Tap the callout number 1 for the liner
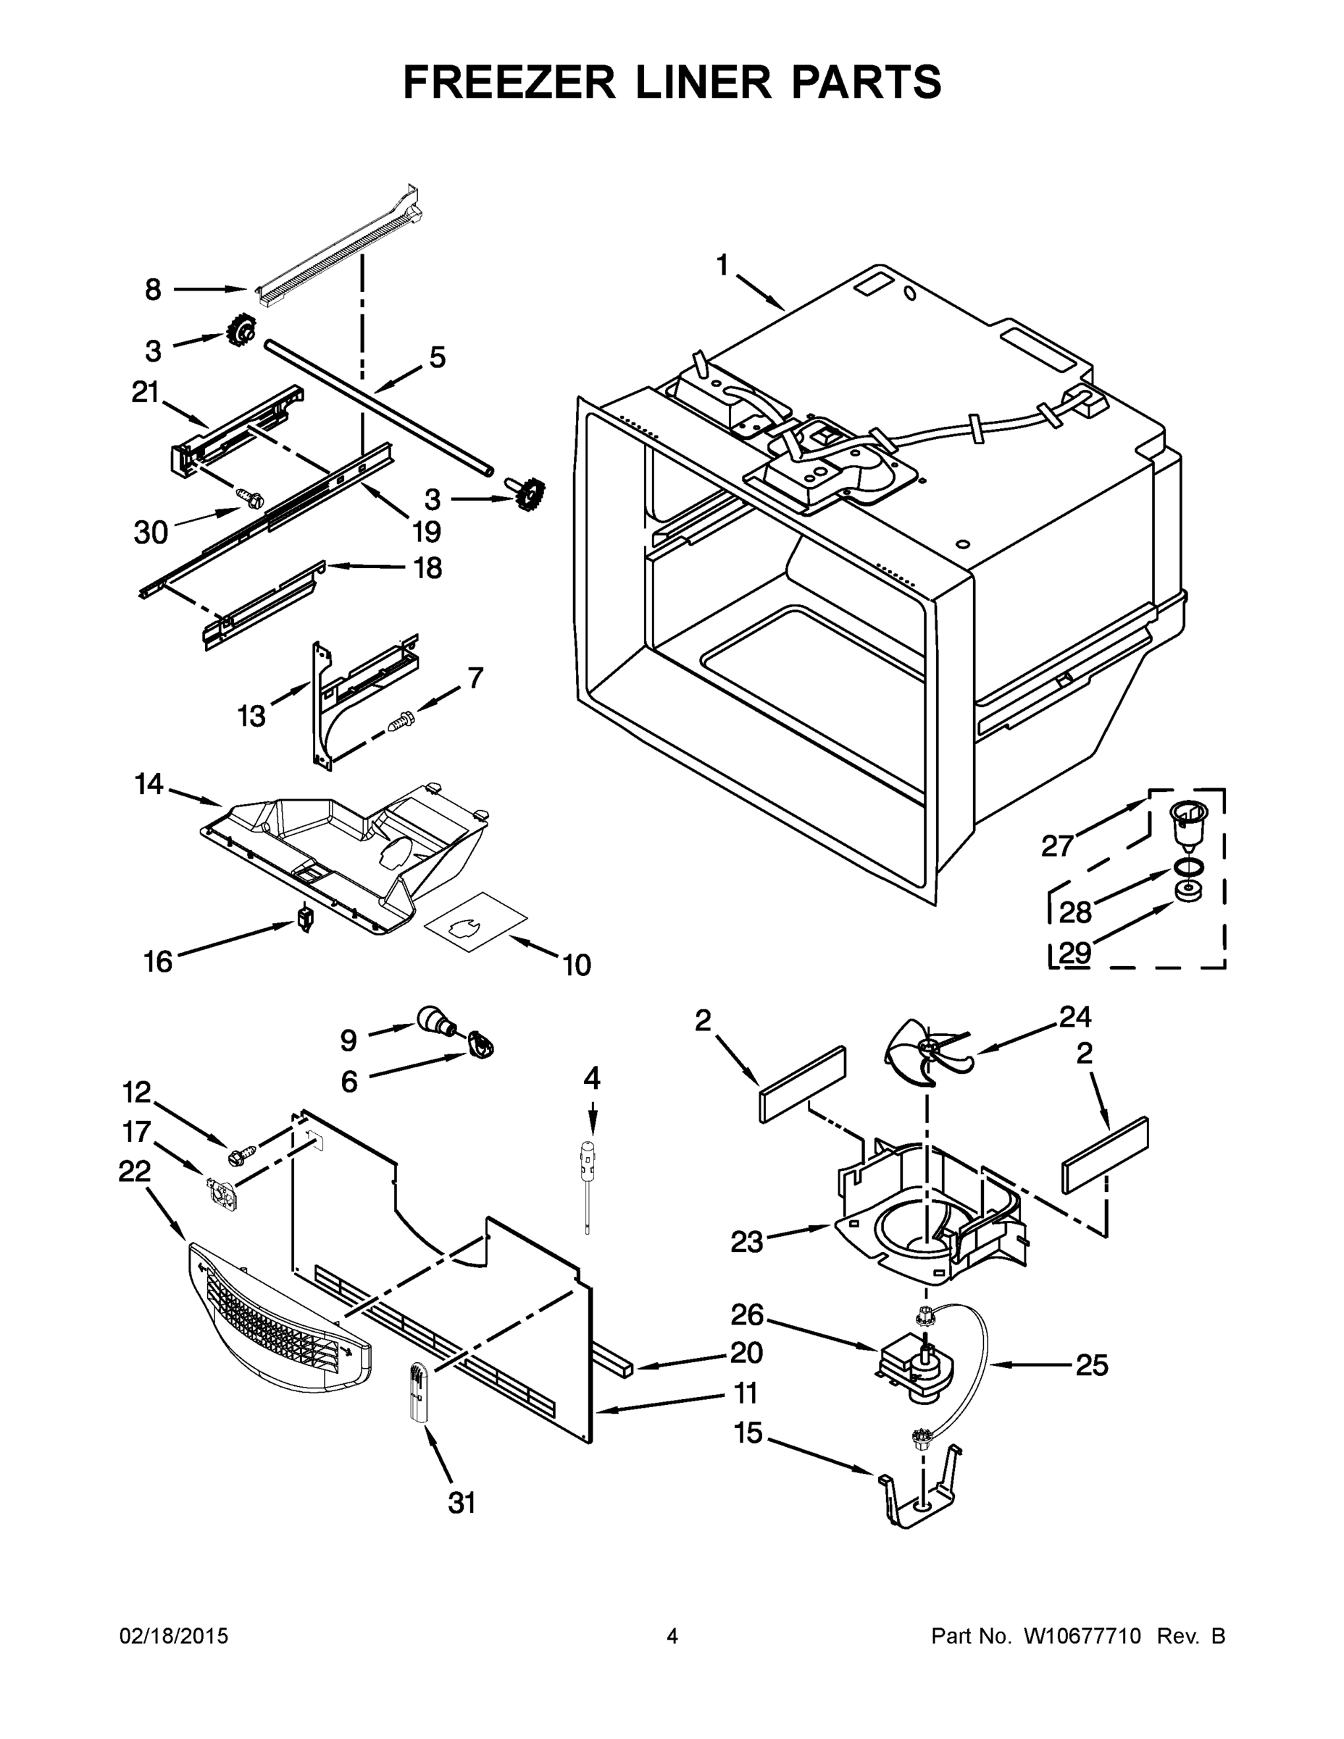[723, 266]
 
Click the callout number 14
[149, 784]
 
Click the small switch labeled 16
[304, 918]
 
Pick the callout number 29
[1075, 952]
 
